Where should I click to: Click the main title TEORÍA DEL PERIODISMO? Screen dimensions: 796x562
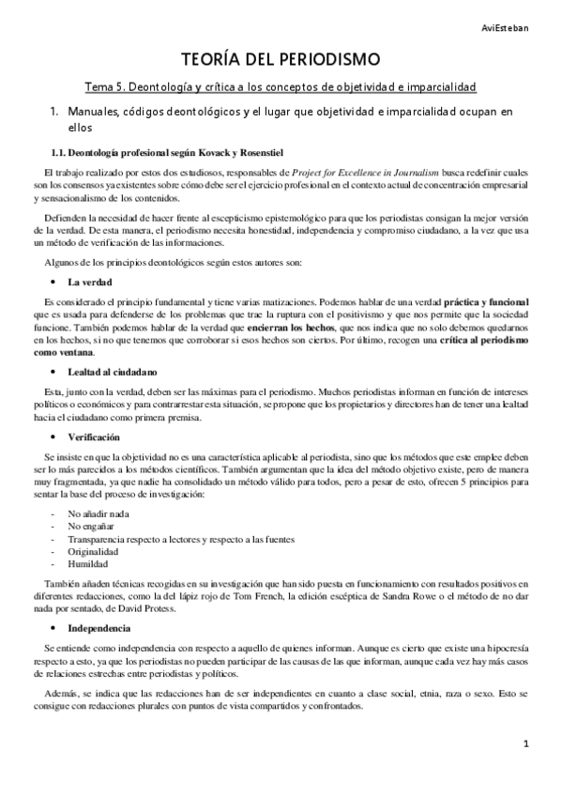[281, 60]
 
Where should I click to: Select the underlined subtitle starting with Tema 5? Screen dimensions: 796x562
[281, 86]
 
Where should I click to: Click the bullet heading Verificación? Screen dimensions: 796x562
[95, 437]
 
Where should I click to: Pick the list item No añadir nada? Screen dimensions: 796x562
[99, 515]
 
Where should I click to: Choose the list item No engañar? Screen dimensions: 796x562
[92, 528]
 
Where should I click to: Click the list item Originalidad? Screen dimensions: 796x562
[93, 552]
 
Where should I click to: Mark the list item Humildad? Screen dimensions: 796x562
[88, 564]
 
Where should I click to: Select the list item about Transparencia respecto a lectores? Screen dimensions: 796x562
[180, 540]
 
